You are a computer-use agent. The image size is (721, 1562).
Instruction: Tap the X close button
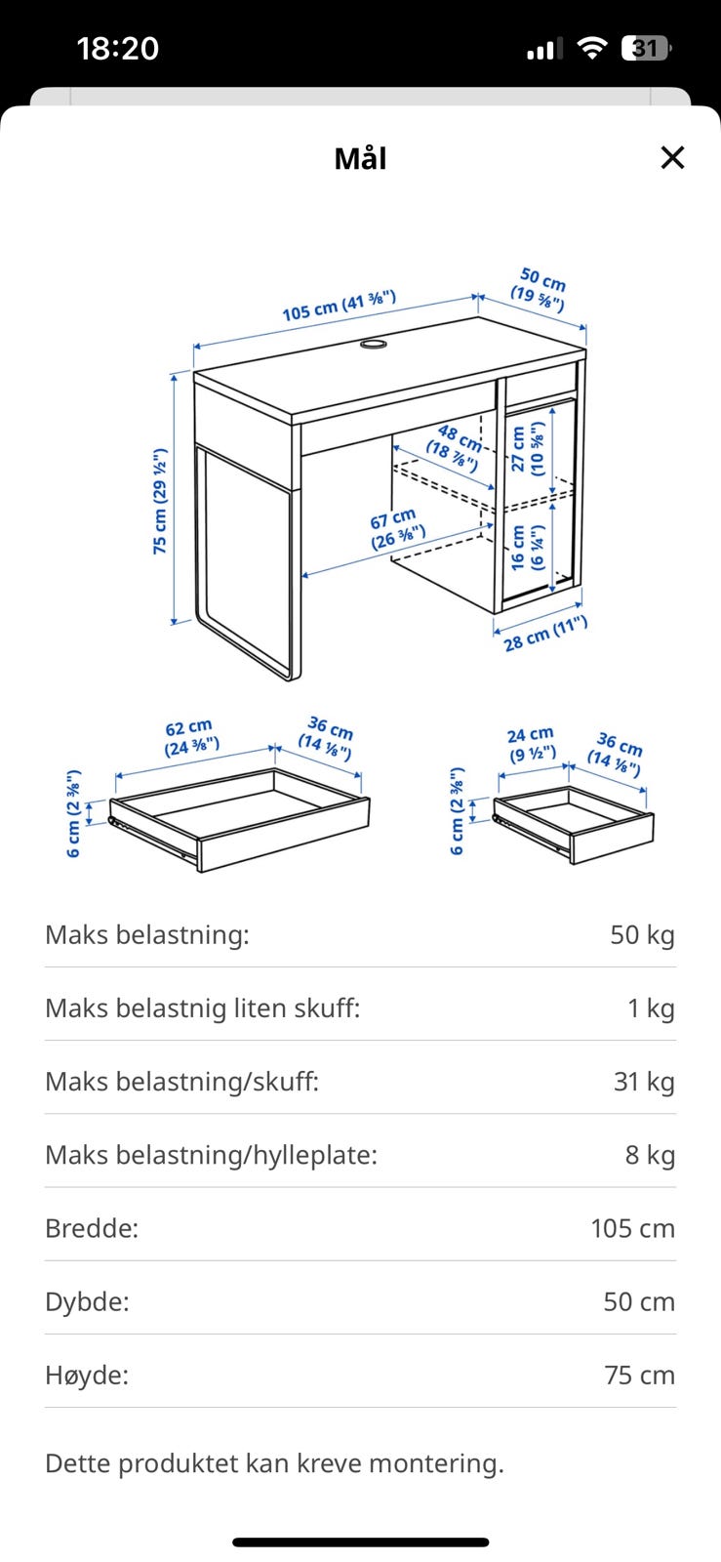pyautogui.click(x=672, y=157)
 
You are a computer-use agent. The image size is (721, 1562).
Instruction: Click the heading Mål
pyautogui.click(x=360, y=158)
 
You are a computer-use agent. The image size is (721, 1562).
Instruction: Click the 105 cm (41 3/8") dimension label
pyautogui.click(x=340, y=306)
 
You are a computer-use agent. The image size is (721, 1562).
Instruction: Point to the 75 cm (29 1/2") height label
pyautogui.click(x=160, y=502)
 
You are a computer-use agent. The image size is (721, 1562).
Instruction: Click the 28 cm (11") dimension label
pyautogui.click(x=545, y=634)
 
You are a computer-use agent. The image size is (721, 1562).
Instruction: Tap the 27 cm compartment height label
pyautogui.click(x=528, y=449)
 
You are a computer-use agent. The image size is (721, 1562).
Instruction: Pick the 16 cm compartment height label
pyautogui.click(x=528, y=548)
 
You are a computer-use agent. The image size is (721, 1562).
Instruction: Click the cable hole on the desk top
pyautogui.click(x=374, y=344)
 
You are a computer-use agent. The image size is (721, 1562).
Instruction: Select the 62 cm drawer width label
pyautogui.click(x=191, y=738)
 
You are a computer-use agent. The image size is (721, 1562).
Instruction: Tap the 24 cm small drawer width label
pyautogui.click(x=532, y=744)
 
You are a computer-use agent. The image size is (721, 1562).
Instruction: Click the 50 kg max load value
pyautogui.click(x=642, y=934)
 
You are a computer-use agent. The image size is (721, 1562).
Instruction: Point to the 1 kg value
pyautogui.click(x=652, y=1007)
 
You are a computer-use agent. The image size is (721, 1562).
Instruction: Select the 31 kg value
pyautogui.click(x=644, y=1081)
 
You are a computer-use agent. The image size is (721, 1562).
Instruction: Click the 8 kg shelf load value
pyautogui.click(x=650, y=1155)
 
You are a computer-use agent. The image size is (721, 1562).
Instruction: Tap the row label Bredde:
pyautogui.click(x=92, y=1228)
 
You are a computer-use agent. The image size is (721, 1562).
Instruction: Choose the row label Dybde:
pyautogui.click(x=87, y=1302)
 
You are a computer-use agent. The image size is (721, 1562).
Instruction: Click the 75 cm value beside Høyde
pyautogui.click(x=639, y=1376)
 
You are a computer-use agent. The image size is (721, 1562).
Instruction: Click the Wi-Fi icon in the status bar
pyautogui.click(x=591, y=48)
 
